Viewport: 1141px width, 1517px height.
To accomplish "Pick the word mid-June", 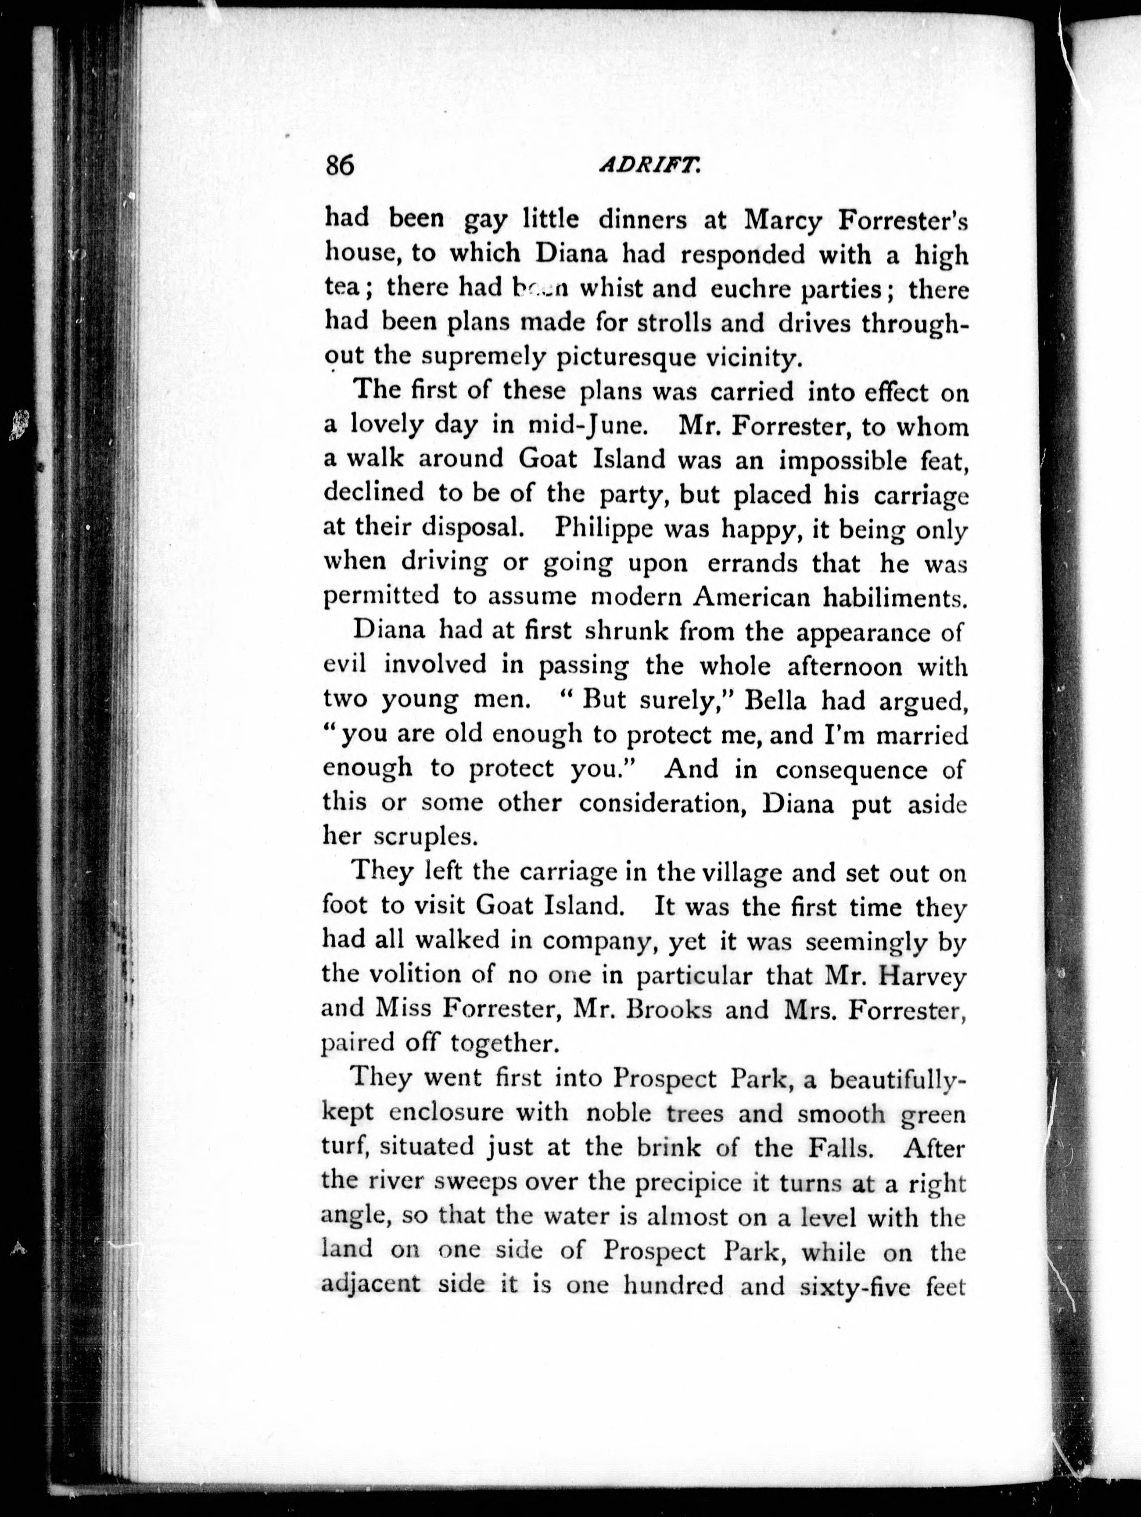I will tap(588, 426).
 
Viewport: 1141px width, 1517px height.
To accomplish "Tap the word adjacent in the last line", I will tap(370, 1284).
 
